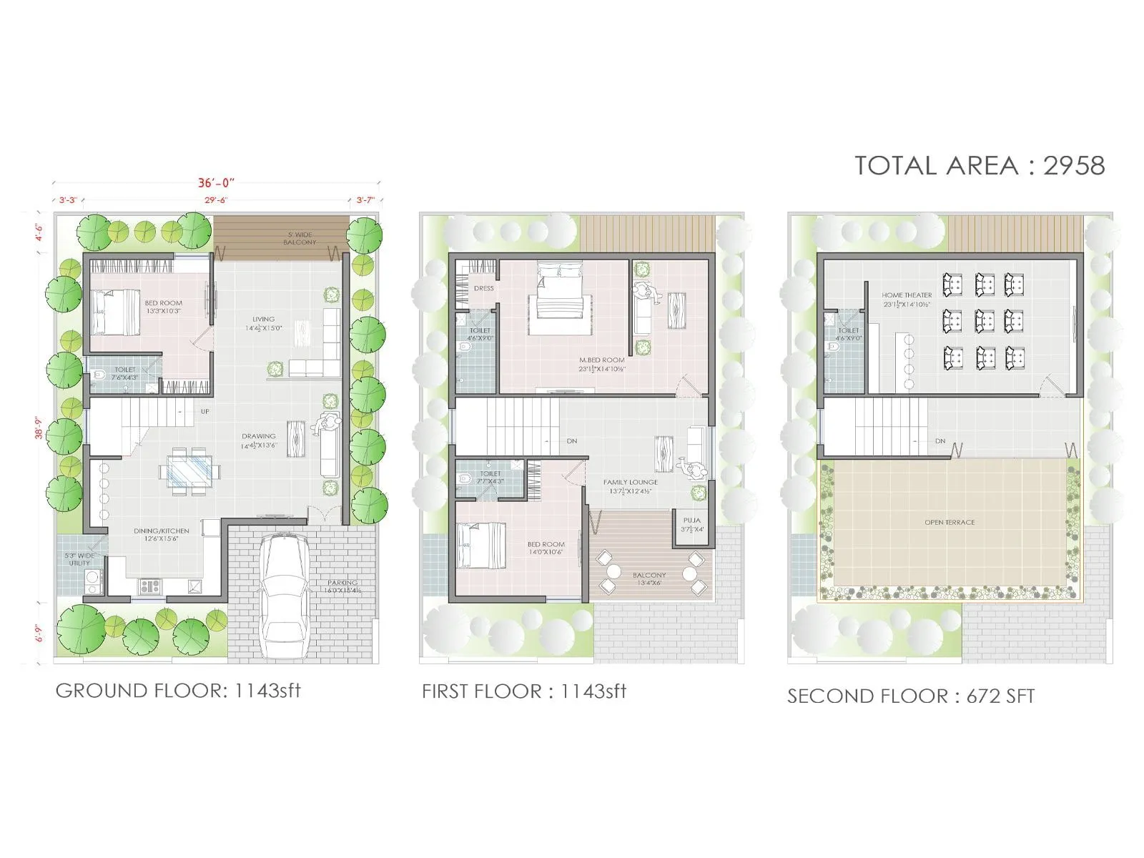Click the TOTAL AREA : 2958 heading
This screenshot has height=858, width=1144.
click(980, 166)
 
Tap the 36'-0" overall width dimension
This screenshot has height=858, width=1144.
click(216, 183)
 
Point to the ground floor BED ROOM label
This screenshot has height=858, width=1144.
click(163, 303)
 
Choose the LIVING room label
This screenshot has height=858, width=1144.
click(263, 320)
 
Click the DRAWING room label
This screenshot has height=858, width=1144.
click(258, 436)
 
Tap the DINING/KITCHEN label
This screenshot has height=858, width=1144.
click(162, 531)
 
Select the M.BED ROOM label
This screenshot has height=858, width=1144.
click(602, 360)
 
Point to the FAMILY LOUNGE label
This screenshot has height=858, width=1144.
click(630, 482)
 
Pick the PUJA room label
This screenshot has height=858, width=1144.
click(691, 521)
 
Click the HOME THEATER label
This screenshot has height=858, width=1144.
click(907, 295)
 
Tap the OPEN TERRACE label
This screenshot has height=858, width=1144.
click(950, 523)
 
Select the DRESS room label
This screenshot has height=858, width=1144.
click(483, 288)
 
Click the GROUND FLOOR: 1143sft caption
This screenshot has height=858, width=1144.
click(178, 691)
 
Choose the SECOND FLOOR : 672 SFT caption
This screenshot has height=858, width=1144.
click(911, 696)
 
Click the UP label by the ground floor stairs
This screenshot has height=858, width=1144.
click(205, 412)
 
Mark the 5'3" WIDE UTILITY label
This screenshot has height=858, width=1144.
click(79, 559)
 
